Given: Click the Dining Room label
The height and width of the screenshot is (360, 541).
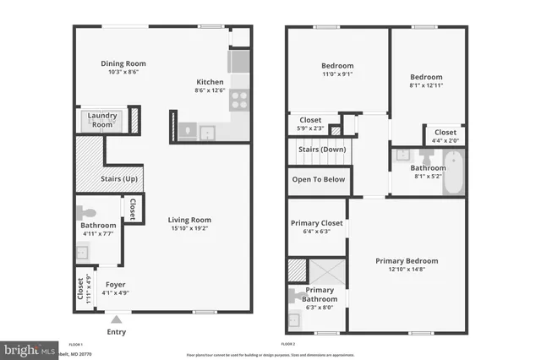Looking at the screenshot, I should tap(123, 63).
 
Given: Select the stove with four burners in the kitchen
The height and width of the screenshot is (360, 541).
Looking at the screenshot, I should tap(239, 101).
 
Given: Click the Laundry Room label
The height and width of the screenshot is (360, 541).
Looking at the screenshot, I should tap(102, 120).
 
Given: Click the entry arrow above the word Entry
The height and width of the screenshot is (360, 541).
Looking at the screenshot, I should tap(117, 319).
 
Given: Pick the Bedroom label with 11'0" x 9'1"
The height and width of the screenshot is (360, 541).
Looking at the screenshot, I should tap(336, 66).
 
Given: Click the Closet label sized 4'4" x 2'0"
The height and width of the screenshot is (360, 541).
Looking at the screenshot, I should tap(445, 133).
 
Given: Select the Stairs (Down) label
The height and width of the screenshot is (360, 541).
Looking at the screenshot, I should tap(320, 150).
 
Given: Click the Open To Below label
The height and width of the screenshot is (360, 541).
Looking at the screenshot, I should tap(318, 179).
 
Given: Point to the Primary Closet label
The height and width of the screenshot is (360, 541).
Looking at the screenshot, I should tap(316, 223).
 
